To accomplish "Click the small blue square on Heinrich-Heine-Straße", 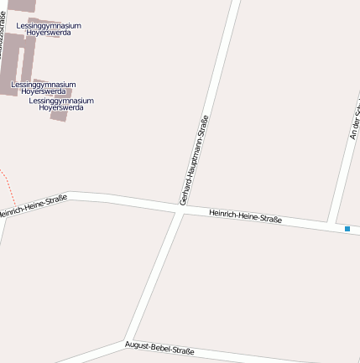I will click(347, 228).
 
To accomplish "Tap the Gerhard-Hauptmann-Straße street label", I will click(194, 160).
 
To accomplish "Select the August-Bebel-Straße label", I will click(159, 347).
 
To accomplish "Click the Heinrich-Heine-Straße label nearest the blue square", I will click(245, 217).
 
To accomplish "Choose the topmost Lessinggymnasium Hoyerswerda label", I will click(49, 29).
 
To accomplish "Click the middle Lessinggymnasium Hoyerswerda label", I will click(43, 87).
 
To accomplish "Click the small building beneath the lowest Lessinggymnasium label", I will click(58, 116).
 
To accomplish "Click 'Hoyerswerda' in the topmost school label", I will click(49, 34).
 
